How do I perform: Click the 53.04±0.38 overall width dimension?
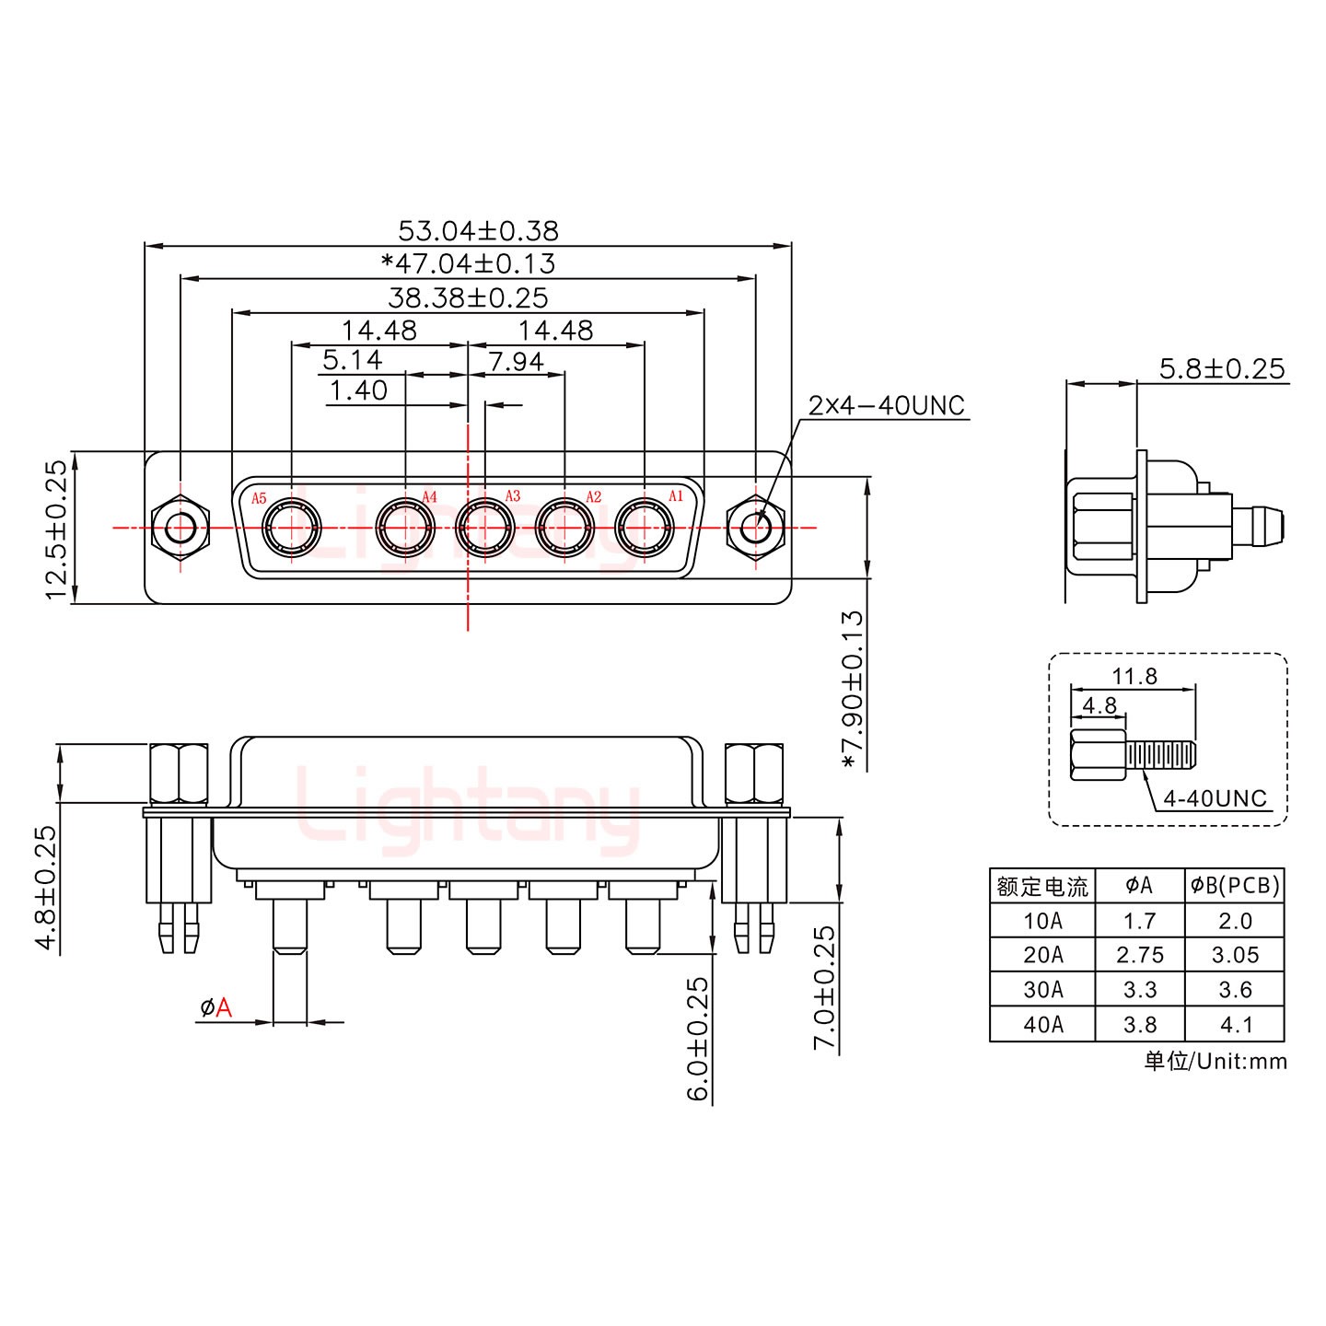tap(478, 230)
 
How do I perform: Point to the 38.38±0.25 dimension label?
tap(468, 297)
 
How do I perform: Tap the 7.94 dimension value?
tap(516, 362)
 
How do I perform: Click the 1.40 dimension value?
tap(358, 391)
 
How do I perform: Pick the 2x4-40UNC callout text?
tap(886, 405)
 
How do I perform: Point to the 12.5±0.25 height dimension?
tap(57, 529)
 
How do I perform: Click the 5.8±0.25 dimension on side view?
tap(1221, 369)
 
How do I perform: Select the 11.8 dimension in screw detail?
tap(1134, 677)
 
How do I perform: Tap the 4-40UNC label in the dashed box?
tap(1215, 798)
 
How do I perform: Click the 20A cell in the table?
tap(1042, 955)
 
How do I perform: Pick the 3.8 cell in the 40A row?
tap(1140, 1024)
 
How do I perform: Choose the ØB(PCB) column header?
tap(1234, 886)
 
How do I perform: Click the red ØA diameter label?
tap(215, 1008)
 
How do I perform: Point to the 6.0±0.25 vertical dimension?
tap(699, 1039)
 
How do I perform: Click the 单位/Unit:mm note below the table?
tap(1215, 1062)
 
